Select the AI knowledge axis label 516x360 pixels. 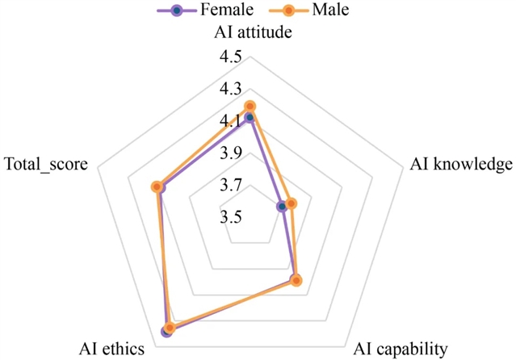click(460, 164)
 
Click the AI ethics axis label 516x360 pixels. click(112, 349)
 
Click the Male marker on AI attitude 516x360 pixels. click(250, 106)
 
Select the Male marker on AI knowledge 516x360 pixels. click(292, 203)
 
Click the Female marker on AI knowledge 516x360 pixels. click(282, 207)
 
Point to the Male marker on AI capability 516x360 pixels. click(296, 281)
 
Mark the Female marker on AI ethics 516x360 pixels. click(166, 331)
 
